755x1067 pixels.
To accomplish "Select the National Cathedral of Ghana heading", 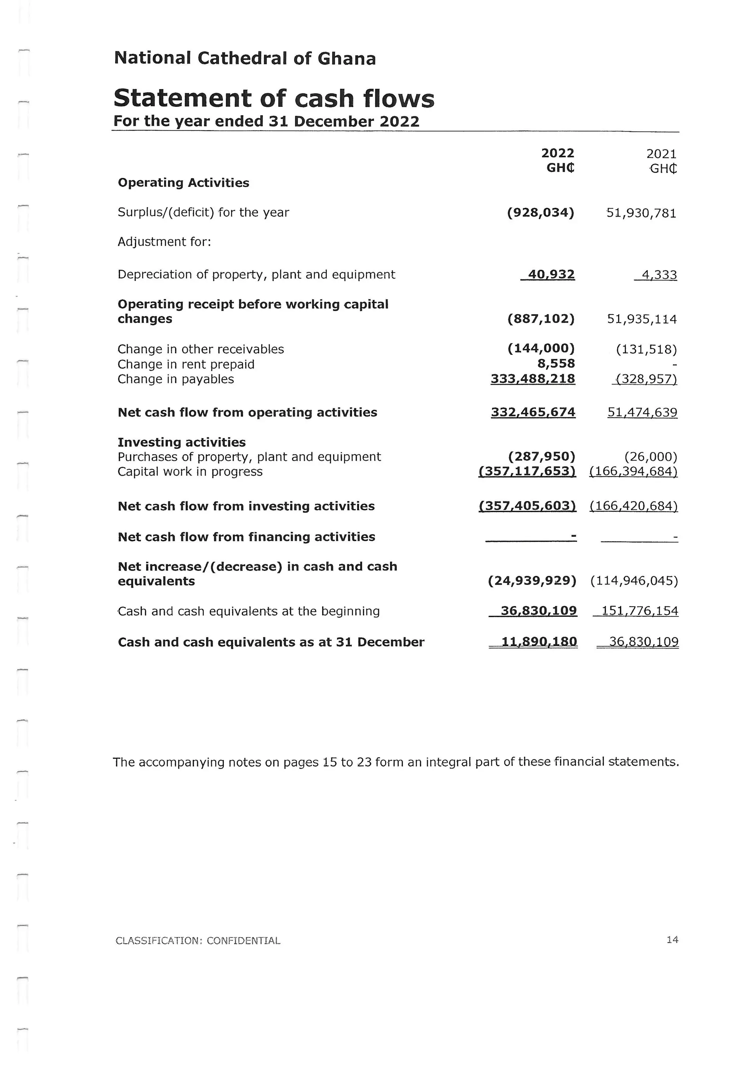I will coord(244,59).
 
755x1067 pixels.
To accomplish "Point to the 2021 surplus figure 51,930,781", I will coord(641,213).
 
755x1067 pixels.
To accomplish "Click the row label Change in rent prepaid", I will coord(186,364).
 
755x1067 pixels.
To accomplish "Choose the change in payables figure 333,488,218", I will coord(533,379).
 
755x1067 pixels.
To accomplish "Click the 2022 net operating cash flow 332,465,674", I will coord(533,412).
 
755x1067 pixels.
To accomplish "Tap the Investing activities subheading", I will coord(182,442).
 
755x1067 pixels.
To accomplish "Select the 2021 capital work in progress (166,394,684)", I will coord(633,472).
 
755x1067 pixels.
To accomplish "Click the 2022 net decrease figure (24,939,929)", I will coord(532,581).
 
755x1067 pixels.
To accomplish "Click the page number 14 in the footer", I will coord(672,940).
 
